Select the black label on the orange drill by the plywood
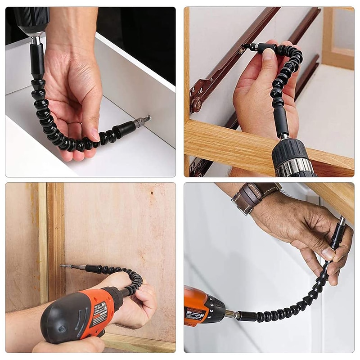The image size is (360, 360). [x=99, y=311]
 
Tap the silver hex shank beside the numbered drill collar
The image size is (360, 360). [x=230, y=314]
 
